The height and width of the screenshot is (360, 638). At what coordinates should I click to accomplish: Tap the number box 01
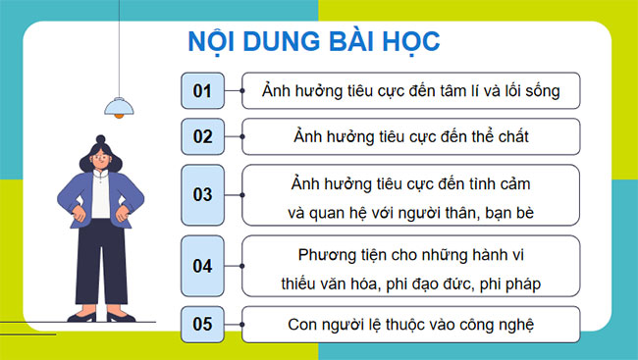coord(203,91)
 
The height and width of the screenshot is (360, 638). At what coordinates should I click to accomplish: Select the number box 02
coord(203,136)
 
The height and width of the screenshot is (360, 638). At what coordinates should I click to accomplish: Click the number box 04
coord(203,265)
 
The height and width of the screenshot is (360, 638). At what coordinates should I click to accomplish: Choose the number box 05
coord(203,324)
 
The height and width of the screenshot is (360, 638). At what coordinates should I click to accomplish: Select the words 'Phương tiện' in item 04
coord(338,254)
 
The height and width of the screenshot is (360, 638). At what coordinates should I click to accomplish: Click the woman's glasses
coord(100,157)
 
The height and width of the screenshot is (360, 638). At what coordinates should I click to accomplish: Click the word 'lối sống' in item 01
coord(529,91)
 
